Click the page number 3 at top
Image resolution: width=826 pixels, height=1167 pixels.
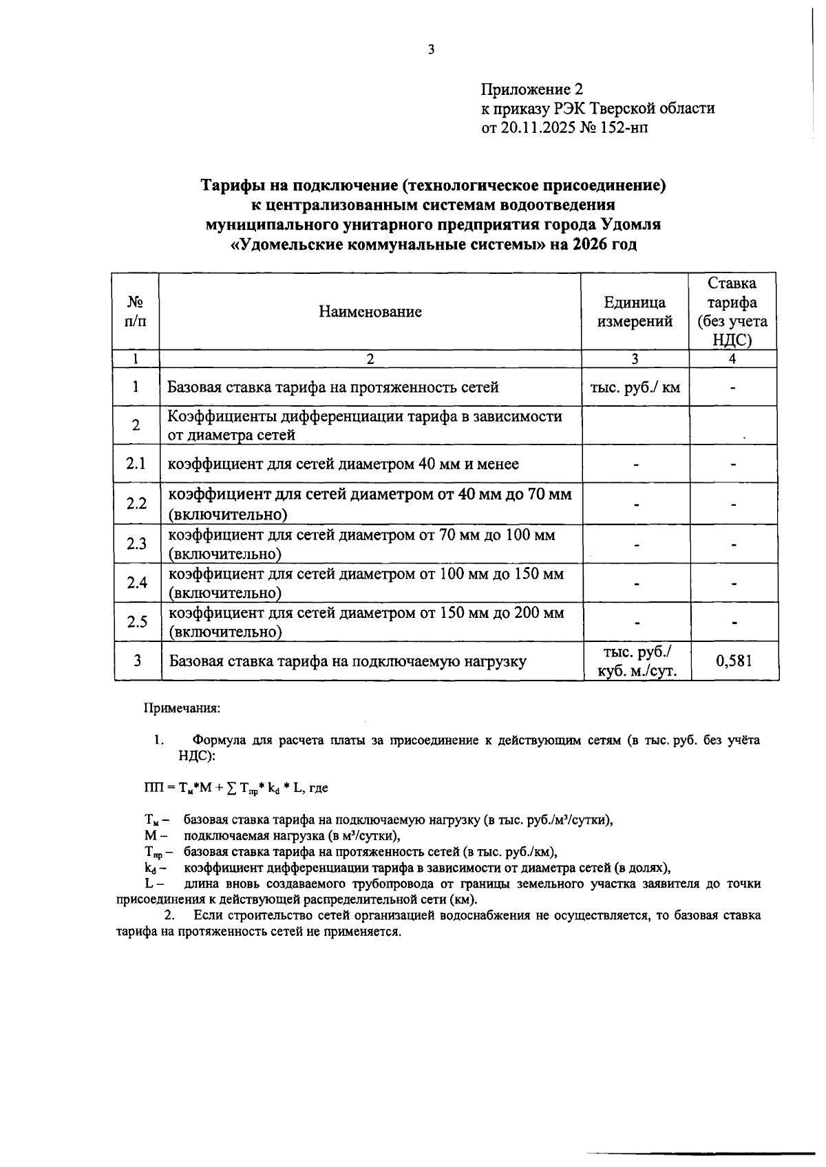431,49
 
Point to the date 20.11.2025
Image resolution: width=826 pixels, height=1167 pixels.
534,127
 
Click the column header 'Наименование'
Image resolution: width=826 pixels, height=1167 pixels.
370,312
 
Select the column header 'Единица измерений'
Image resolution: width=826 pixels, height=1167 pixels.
635,312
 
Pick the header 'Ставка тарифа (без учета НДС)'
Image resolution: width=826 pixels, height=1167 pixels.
732,312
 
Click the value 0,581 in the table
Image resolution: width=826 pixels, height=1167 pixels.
734,661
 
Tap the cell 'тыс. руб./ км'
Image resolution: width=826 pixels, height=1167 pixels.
635,387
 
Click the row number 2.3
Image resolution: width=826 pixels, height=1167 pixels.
136,544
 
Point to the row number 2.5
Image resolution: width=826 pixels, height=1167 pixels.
136,622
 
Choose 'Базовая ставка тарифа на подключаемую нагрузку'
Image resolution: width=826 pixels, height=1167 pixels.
348,662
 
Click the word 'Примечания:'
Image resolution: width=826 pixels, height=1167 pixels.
182,707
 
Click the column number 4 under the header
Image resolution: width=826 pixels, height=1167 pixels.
732,358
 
